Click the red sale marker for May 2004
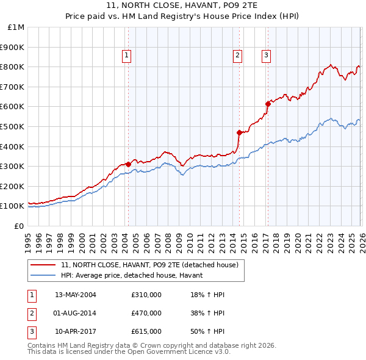coord(128,164)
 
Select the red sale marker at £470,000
coord(239,132)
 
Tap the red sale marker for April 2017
coord(268,103)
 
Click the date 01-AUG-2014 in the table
coord(76,313)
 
